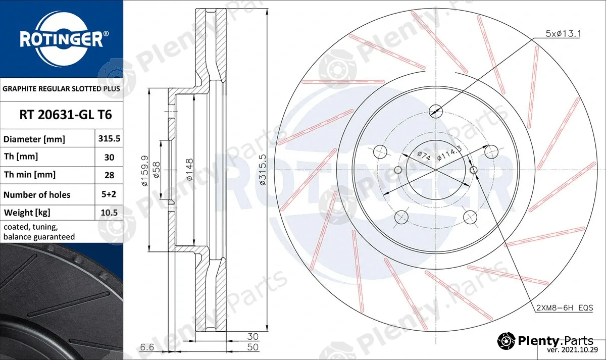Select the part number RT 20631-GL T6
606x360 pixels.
coord(66,115)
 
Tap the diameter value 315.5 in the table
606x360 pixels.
coord(109,138)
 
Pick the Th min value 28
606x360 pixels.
coord(109,175)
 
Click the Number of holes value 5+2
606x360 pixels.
coord(109,194)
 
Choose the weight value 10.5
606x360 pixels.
coord(109,213)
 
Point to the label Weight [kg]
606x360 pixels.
coord(27,213)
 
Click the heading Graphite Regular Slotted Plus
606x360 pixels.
coord(61,89)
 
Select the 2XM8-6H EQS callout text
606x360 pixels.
coord(565,308)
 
